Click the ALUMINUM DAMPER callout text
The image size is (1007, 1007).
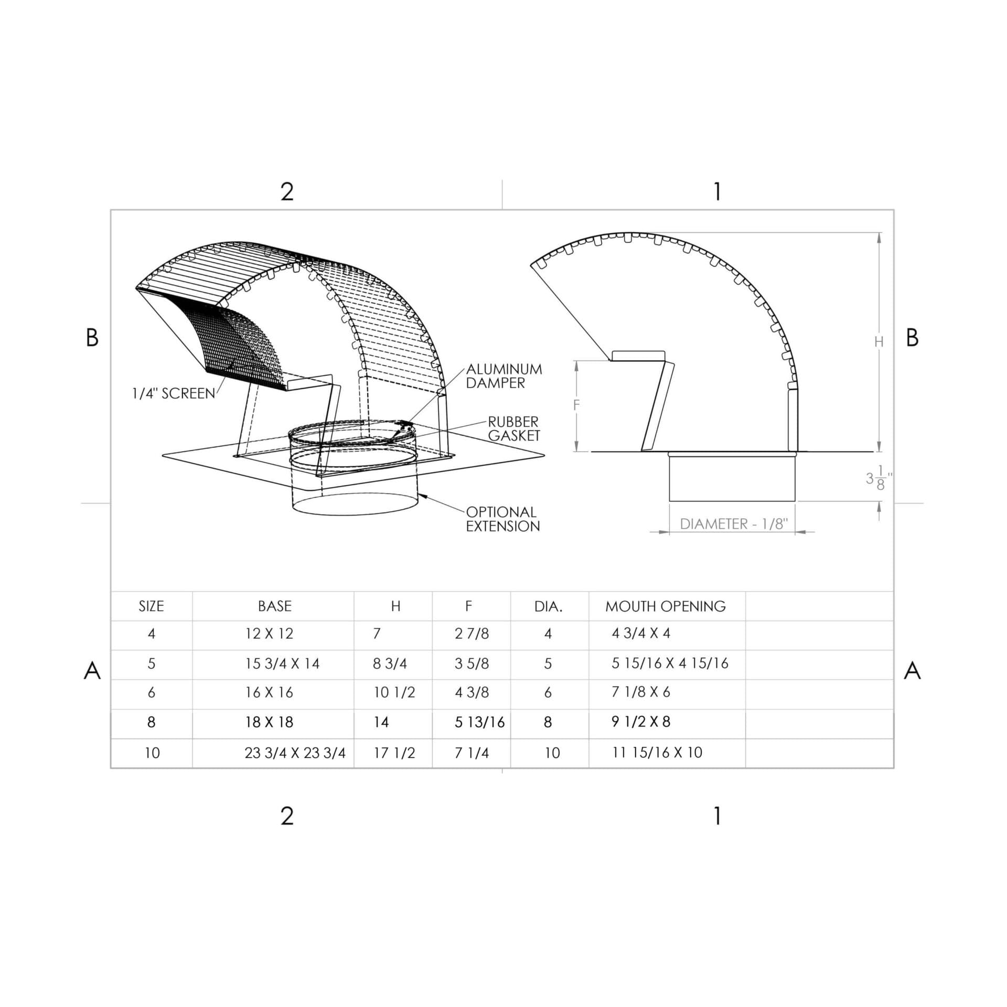(504, 376)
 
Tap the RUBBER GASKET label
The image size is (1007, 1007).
(513, 428)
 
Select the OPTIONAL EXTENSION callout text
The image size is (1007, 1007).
(502, 519)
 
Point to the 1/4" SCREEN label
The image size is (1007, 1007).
(174, 393)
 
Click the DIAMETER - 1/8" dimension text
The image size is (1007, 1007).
(734, 524)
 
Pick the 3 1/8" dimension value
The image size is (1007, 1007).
(879, 477)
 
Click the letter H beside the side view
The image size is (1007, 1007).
(879, 341)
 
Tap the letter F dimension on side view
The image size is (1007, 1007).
(576, 405)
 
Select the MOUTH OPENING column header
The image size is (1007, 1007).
(666, 606)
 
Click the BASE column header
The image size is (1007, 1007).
(275, 606)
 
